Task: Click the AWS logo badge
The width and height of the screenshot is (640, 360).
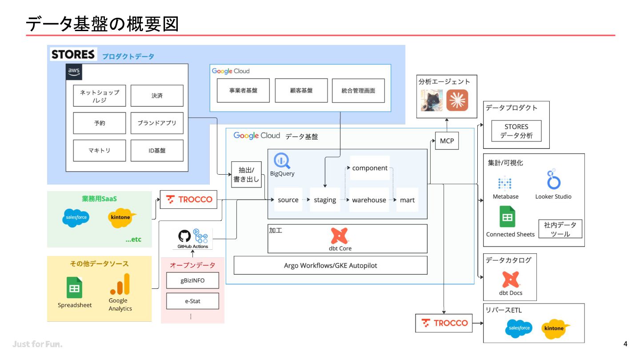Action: click(x=74, y=72)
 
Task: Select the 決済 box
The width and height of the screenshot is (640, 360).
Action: click(x=157, y=96)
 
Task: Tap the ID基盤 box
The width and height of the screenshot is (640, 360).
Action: click(x=157, y=151)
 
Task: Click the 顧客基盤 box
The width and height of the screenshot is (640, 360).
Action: click(x=301, y=91)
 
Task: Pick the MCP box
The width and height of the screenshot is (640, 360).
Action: click(x=447, y=141)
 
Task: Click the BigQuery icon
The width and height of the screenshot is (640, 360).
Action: click(x=282, y=161)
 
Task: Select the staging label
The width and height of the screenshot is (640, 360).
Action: click(x=325, y=200)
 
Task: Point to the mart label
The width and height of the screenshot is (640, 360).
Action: click(x=407, y=200)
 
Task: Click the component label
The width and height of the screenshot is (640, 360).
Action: click(x=370, y=168)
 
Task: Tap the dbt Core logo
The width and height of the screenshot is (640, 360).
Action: click(x=339, y=236)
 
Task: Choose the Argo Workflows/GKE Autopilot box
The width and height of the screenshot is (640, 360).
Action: click(x=331, y=265)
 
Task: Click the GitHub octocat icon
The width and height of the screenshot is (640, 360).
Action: click(x=184, y=236)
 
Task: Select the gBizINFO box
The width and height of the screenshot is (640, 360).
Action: click(x=192, y=280)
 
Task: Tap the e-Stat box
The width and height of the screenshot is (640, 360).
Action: click(x=192, y=301)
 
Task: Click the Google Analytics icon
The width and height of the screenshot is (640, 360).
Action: click(x=120, y=284)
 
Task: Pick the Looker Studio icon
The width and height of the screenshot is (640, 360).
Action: click(x=553, y=179)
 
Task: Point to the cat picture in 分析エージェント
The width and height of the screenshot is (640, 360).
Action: click(x=432, y=100)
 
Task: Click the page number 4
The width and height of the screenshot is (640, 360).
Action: click(x=625, y=344)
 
